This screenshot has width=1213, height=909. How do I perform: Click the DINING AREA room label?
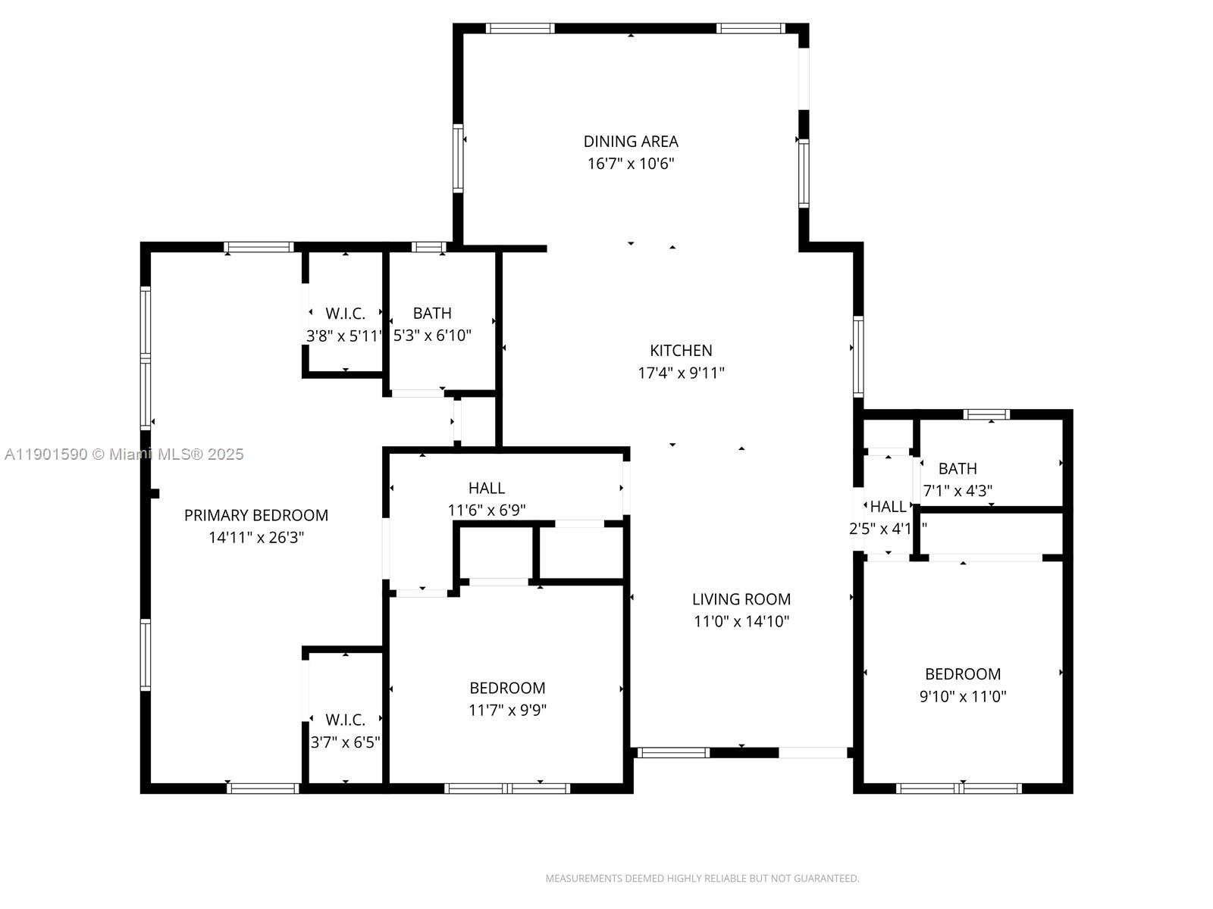631,142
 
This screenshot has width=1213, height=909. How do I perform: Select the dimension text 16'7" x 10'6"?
631,164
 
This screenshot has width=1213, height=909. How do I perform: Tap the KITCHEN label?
681,351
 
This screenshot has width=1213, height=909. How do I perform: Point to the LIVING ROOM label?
741,599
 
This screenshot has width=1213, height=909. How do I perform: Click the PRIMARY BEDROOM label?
256,516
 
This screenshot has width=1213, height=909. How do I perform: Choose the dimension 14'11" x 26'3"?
256,538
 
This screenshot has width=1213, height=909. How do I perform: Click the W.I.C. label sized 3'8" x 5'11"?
345,314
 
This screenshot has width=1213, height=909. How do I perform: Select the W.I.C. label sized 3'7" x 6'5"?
345,720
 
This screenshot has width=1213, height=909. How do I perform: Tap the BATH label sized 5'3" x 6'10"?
432,314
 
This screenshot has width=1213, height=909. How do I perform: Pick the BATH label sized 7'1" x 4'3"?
958,469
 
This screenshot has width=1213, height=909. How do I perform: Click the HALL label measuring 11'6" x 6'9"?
487,489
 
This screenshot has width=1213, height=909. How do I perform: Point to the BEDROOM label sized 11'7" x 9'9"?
507,689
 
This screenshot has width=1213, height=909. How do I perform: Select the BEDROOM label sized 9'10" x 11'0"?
963,674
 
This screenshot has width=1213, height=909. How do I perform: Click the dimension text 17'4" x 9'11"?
681,373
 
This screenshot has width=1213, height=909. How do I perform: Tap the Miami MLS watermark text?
124,454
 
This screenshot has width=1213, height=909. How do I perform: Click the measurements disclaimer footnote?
702,879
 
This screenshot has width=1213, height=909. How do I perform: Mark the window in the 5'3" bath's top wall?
428,247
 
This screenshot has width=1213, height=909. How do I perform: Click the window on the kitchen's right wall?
858,357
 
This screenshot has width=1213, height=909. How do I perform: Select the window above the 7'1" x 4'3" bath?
986,414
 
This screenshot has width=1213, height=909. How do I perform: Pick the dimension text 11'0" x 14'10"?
741,622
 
